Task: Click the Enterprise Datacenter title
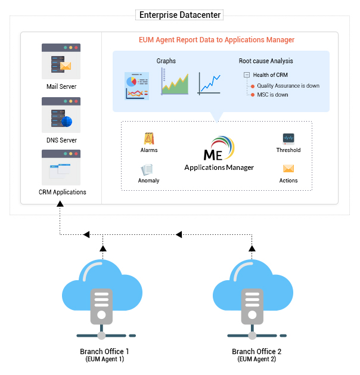[x=179, y=14]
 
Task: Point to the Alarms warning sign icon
[x=149, y=138]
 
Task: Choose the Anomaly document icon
[x=148, y=169]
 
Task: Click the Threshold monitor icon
[x=288, y=138]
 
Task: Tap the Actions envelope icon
[x=288, y=169]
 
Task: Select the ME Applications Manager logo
[x=219, y=154]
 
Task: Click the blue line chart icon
[x=209, y=83]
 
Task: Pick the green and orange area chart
[x=175, y=82]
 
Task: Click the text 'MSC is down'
[x=273, y=95]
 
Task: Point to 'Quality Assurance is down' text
[x=288, y=86]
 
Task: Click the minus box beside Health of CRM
[x=247, y=75]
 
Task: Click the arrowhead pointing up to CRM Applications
[x=60, y=204]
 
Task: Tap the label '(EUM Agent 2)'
[x=256, y=359]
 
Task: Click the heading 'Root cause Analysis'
[x=266, y=61]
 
